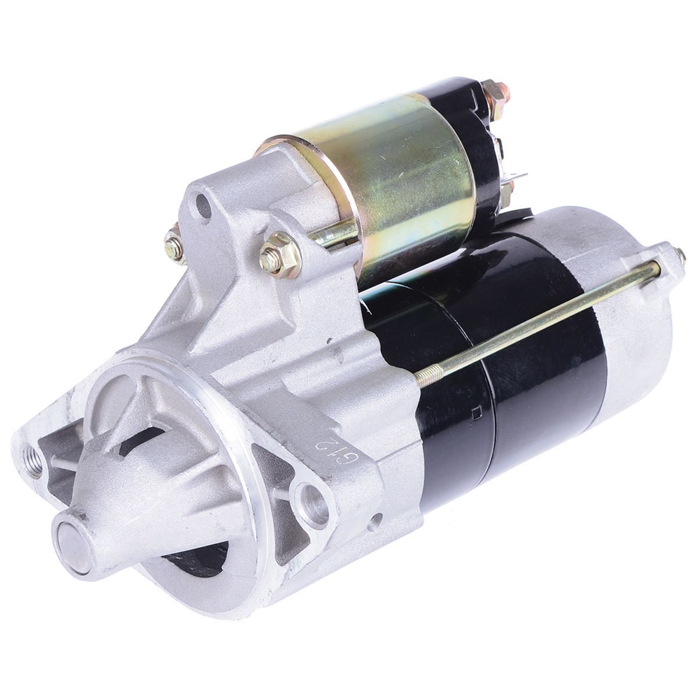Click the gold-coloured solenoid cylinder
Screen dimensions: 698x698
[401, 174]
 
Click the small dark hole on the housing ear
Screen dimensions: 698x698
[203, 204]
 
